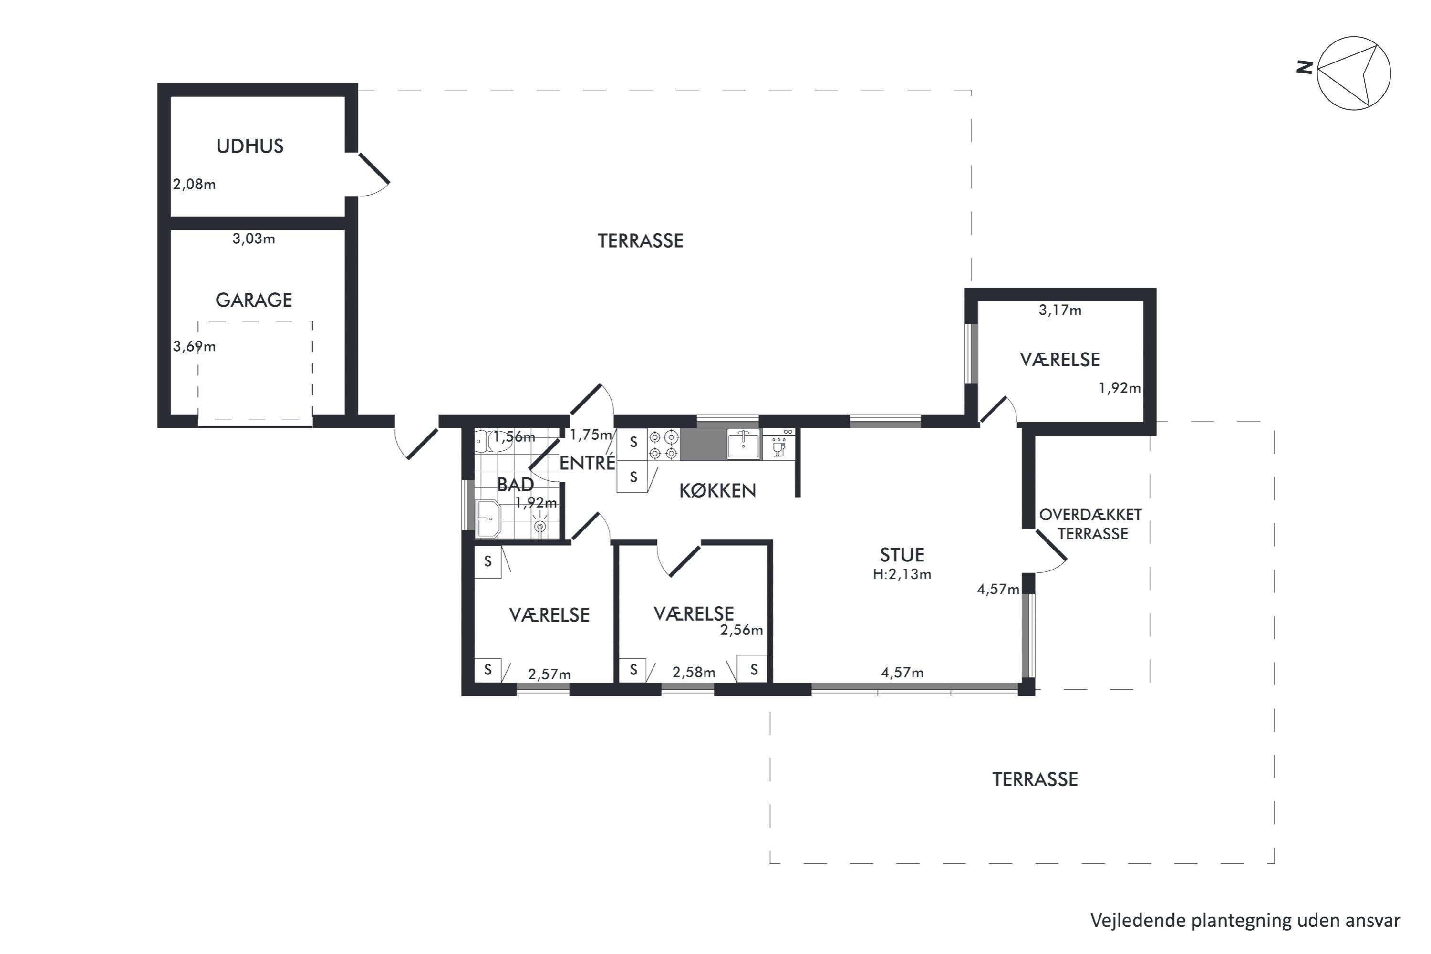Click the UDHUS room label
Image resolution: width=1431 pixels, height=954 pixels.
(250, 146)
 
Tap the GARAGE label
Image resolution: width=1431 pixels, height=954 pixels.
(254, 300)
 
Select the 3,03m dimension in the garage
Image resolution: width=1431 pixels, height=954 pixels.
(254, 238)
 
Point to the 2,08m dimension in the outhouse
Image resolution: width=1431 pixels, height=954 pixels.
(194, 184)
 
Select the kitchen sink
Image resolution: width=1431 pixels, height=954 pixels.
(744, 444)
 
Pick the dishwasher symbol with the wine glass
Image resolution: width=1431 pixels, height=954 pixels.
(779, 444)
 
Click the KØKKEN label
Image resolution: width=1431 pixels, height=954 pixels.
(717, 490)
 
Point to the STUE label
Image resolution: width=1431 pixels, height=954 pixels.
(902, 555)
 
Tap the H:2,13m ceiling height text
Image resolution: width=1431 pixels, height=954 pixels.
(902, 574)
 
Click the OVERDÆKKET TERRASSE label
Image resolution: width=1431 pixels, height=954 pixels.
(1091, 524)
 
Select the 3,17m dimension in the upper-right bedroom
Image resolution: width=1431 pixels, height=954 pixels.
(1060, 311)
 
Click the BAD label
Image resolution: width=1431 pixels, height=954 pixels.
(515, 484)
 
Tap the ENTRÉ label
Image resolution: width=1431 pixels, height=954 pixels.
(587, 463)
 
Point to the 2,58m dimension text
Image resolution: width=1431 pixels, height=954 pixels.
(694, 672)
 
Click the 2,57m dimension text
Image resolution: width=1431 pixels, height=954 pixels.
(550, 674)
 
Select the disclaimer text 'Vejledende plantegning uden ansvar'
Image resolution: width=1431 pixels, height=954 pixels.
(1245, 921)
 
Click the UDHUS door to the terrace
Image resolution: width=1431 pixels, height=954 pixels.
(373, 168)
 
